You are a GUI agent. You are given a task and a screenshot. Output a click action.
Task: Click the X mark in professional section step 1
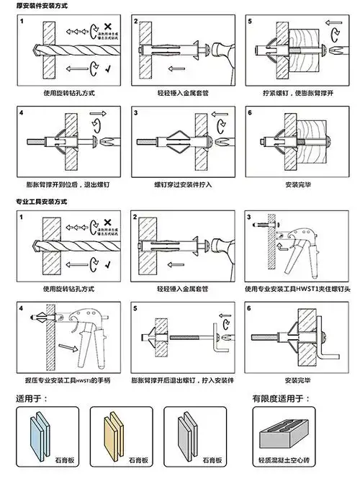(x=108, y=225)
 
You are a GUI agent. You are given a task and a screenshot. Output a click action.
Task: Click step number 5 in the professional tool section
(x=135, y=308)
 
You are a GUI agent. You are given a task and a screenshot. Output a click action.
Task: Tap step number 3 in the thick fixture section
(x=136, y=113)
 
